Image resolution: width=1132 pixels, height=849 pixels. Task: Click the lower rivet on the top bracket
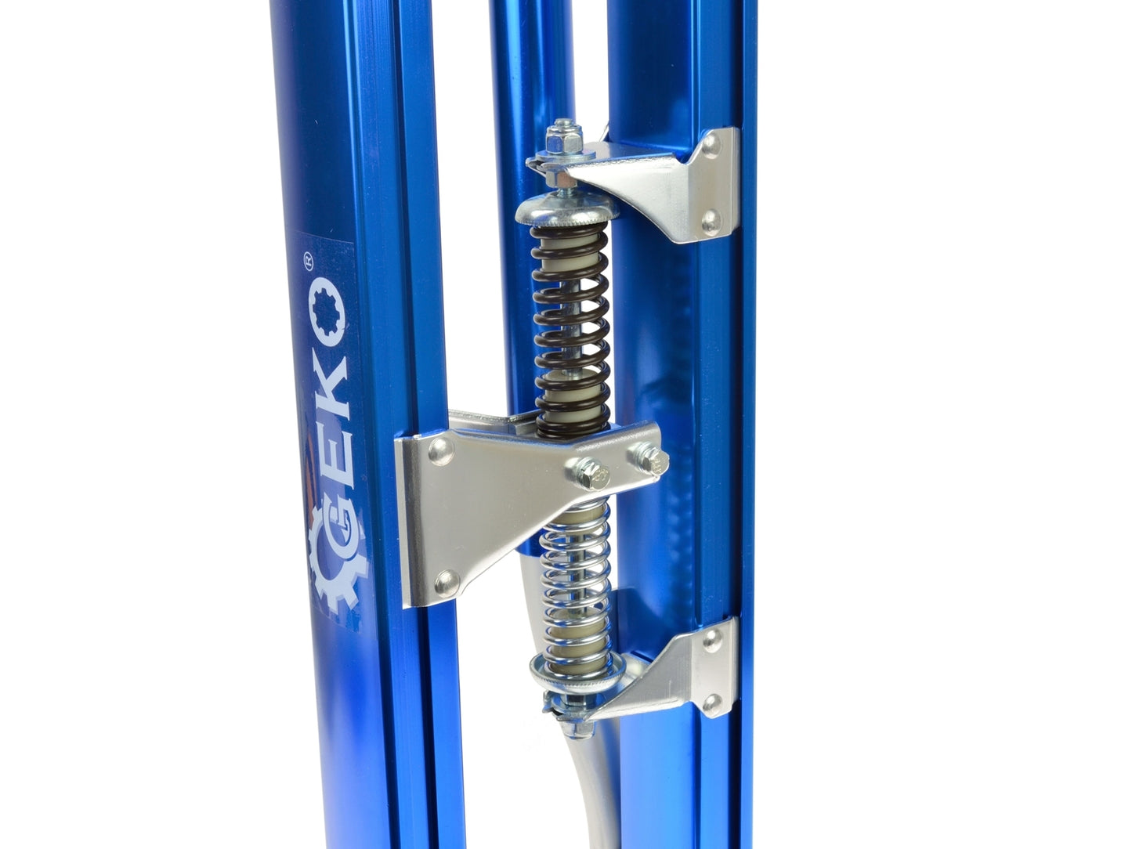(710, 222)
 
